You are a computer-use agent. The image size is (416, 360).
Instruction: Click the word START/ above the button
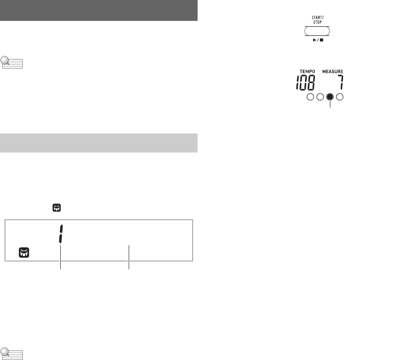(x=317, y=18)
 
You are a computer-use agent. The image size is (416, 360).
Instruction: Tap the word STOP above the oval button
(x=317, y=22)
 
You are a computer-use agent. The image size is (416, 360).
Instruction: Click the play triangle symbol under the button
(x=314, y=40)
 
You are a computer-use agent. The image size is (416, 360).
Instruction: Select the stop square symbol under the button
(x=322, y=40)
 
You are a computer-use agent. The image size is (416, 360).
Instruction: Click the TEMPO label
(x=308, y=72)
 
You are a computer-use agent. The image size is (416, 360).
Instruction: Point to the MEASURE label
(x=333, y=72)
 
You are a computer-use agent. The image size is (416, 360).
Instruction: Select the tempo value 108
(x=305, y=83)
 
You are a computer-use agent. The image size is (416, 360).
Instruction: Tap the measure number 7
(x=341, y=83)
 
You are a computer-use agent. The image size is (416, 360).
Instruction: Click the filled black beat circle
(x=330, y=97)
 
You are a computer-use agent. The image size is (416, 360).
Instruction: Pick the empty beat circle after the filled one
(x=340, y=97)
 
